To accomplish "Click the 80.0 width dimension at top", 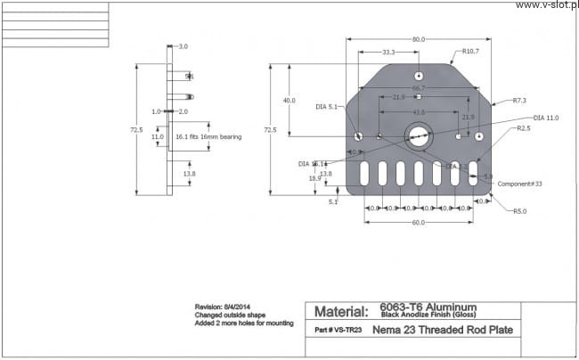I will [x=419, y=39].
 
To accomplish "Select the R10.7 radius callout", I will [x=471, y=51].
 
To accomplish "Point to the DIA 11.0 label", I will [x=546, y=117].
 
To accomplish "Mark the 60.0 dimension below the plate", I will [x=418, y=222].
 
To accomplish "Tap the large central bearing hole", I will [x=418, y=136].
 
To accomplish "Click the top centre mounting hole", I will [x=418, y=75].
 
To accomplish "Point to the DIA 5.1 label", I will [x=327, y=107].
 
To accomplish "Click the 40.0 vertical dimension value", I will [x=289, y=101].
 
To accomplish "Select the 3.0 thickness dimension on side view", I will [x=183, y=45].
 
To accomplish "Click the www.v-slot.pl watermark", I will [x=546, y=4].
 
